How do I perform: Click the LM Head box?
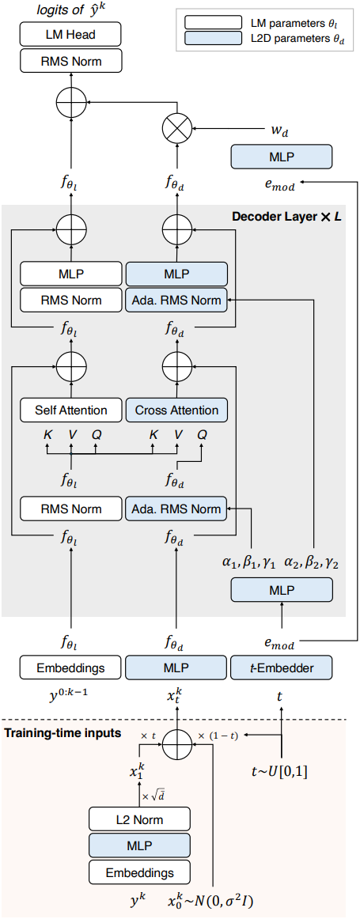pos(71,35)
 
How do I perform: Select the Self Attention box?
pos(71,410)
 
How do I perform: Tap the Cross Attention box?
pos(176,410)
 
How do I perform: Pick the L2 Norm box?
pos(140,819)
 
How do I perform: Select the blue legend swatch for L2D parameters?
pos(212,40)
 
